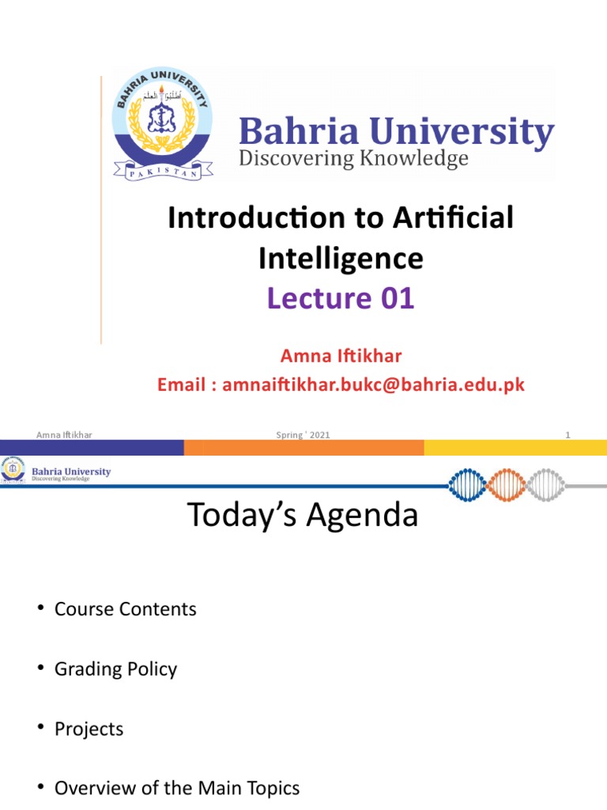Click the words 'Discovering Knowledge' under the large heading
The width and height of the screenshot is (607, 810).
[353, 159]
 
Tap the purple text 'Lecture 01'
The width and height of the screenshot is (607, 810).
[340, 299]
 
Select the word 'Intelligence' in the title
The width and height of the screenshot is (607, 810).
[341, 259]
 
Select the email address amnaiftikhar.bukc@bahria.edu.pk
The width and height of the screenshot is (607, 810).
[373, 385]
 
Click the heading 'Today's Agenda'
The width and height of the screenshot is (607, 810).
[303, 516]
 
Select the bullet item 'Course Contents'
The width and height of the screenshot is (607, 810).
[125, 609]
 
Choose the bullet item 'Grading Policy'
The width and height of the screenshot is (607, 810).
[115, 669]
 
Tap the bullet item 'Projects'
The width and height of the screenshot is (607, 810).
[89, 729]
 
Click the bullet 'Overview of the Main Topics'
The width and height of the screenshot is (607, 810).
[177, 789]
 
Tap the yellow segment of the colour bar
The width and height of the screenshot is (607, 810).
[514, 449]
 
